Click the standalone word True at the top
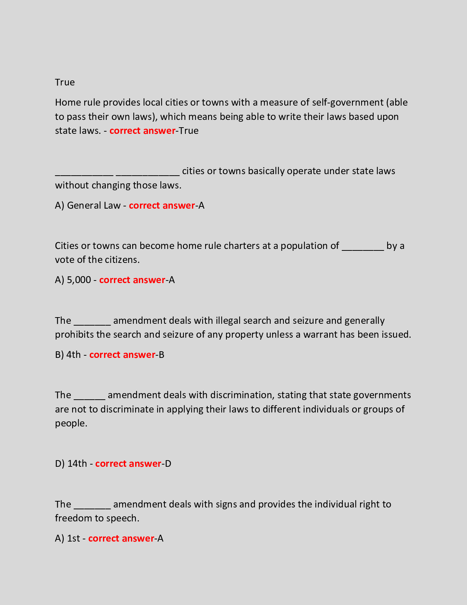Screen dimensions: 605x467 click(x=65, y=82)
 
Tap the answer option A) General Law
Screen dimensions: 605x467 click(x=88, y=205)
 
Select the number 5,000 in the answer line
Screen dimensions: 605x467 click(x=79, y=280)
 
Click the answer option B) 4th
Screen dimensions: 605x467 click(x=68, y=355)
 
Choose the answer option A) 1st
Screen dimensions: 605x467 click(x=67, y=538)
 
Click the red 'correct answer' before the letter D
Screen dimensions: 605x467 click(x=128, y=463)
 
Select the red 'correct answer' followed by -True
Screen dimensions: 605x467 click(x=142, y=131)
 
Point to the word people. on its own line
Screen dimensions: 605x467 click(x=71, y=423)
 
